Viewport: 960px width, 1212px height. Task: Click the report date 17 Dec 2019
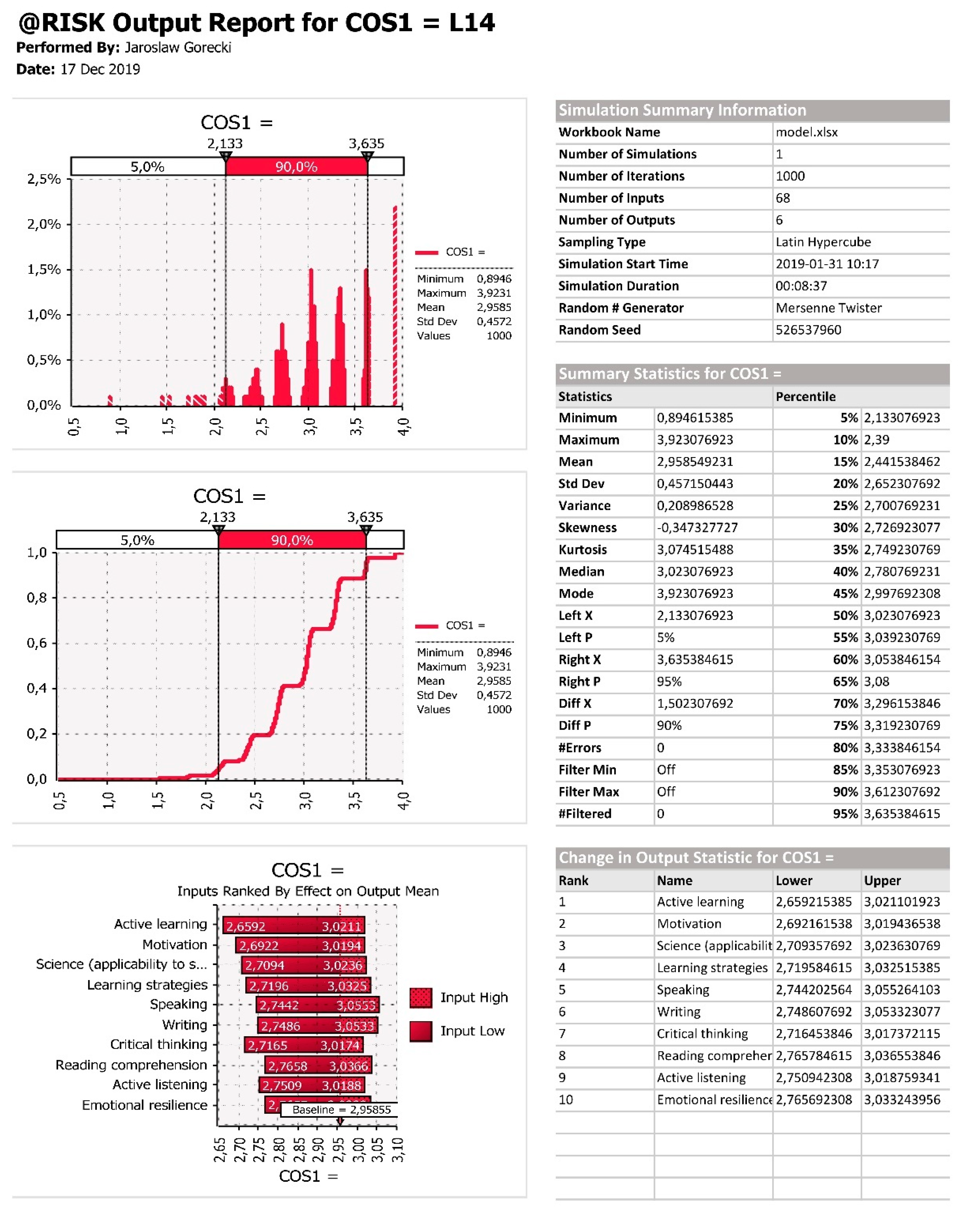coord(100,69)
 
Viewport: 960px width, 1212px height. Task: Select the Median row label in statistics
coord(581,572)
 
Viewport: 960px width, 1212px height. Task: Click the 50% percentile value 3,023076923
coord(901,615)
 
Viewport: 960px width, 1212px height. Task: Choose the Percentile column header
coord(805,396)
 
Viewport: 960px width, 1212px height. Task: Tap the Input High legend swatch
coord(421,997)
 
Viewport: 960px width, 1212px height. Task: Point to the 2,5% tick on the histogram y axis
coord(44,179)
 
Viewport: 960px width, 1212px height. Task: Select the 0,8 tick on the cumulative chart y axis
coord(37,597)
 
